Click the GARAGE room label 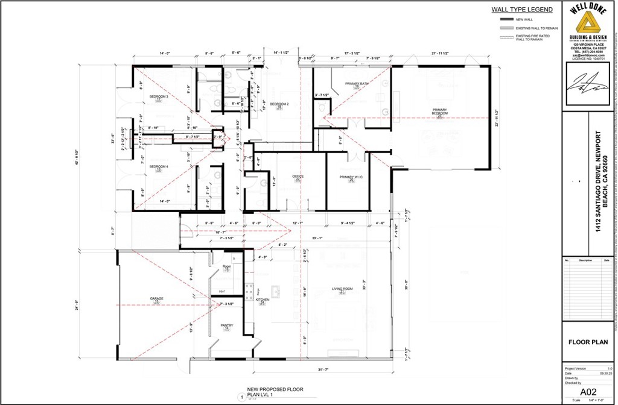pos(157,299)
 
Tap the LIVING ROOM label pos(342,289)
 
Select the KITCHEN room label pos(263,300)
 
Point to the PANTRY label pos(227,325)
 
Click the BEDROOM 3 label pos(159,96)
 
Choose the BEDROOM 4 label pos(159,166)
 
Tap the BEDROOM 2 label pos(279,104)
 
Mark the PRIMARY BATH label pos(357,83)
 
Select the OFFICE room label pos(298,176)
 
